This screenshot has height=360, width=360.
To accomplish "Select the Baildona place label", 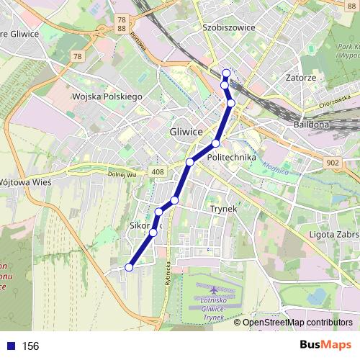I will coord(310,124).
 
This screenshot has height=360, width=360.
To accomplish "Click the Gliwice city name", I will coord(188,132).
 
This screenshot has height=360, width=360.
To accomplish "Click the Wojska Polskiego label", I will coord(107,96).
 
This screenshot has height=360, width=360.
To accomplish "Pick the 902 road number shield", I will coord(332,163).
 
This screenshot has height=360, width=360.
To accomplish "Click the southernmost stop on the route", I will coord(129,267).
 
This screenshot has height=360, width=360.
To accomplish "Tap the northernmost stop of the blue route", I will coord(226,72).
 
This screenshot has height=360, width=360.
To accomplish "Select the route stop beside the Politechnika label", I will coord(215,144).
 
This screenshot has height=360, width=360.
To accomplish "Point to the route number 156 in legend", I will coord(30,346).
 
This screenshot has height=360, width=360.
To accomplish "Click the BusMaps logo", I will coord(325,345).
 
